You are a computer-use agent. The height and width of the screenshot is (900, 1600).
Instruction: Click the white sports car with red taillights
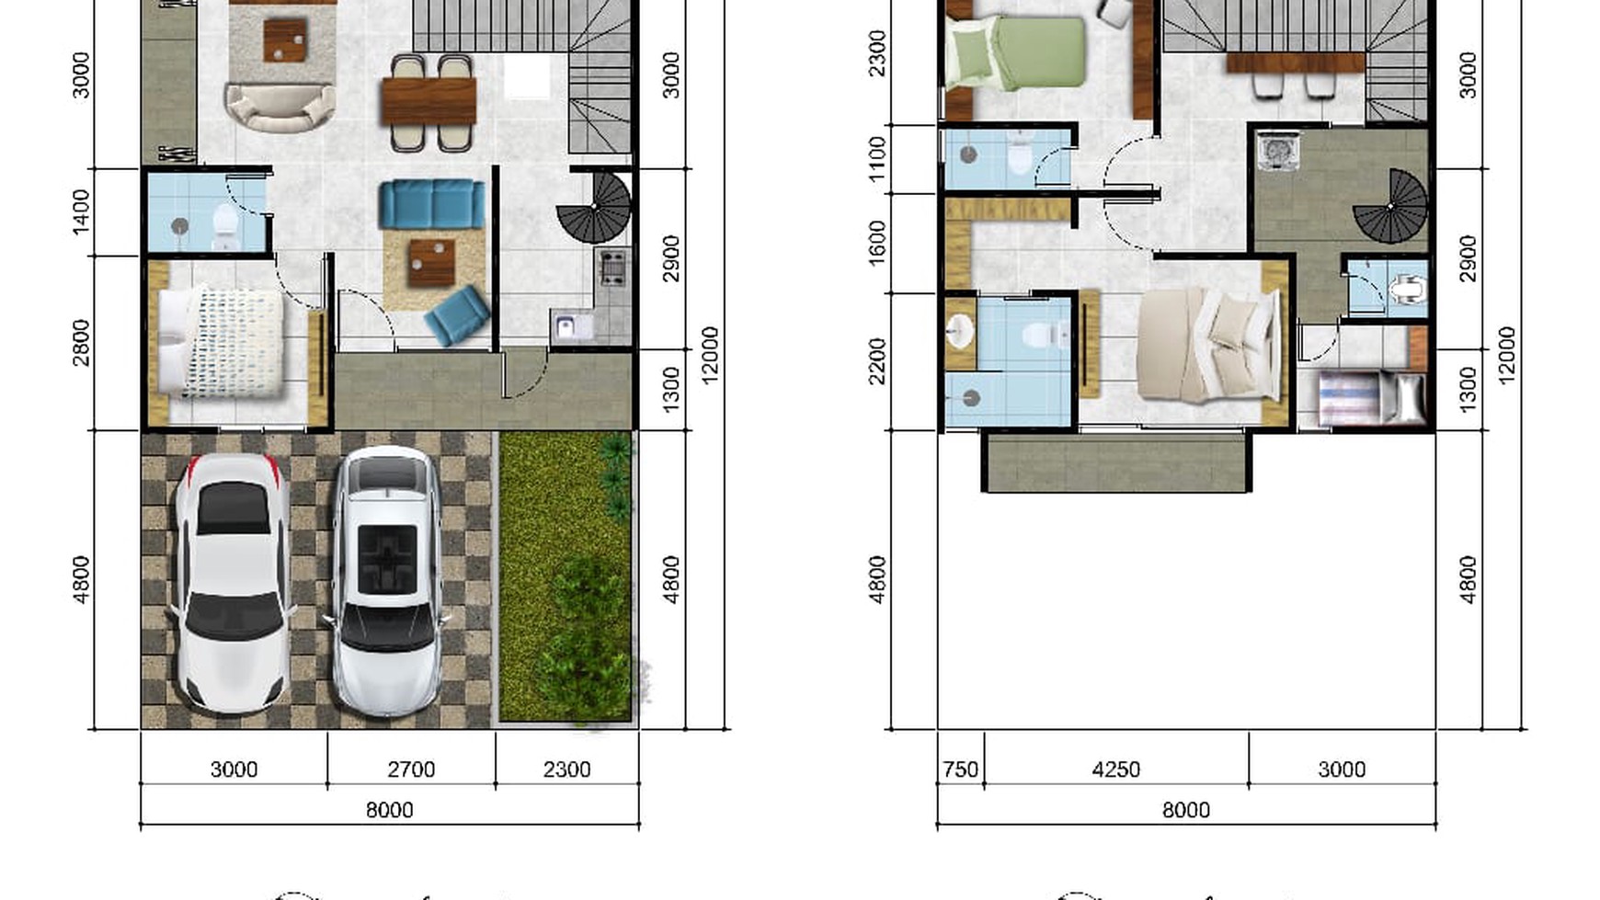pyautogui.click(x=233, y=583)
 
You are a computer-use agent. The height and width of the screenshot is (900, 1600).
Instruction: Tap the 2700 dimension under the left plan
pyautogui.click(x=411, y=769)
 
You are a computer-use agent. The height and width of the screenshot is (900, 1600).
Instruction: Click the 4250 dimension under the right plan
pyautogui.click(x=1115, y=769)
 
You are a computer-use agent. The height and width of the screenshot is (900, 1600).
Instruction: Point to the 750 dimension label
pyautogui.click(x=960, y=769)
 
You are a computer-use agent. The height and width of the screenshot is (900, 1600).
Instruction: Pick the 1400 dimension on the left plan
pyautogui.click(x=81, y=211)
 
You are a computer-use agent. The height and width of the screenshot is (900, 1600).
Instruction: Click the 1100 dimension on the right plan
pyautogui.click(x=877, y=159)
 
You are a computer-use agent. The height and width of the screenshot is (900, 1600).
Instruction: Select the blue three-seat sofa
pyautogui.click(x=431, y=203)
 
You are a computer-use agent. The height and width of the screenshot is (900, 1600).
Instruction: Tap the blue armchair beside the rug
pyautogui.click(x=457, y=315)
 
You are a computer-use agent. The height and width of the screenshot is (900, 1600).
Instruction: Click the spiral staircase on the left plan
pyautogui.click(x=595, y=208)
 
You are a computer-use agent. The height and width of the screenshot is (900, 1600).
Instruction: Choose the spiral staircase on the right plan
pyautogui.click(x=1391, y=208)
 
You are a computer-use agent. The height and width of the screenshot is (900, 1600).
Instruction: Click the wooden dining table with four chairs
pyautogui.click(x=429, y=101)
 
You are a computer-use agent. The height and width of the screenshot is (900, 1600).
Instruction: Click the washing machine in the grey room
pyautogui.click(x=1276, y=152)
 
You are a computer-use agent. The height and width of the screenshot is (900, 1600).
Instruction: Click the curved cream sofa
pyautogui.click(x=280, y=108)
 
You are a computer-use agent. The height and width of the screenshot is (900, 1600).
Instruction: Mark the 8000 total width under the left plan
pyautogui.click(x=389, y=810)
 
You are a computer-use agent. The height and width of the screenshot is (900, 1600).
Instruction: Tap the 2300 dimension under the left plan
pyautogui.click(x=566, y=769)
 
